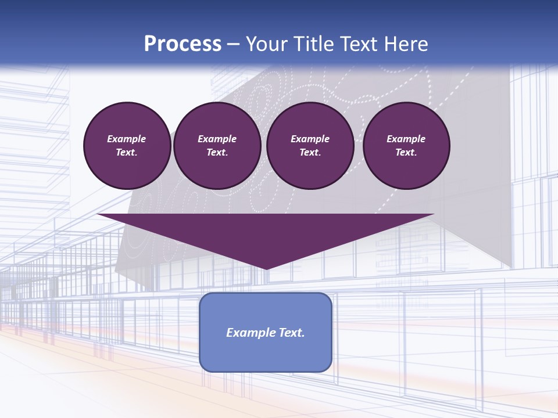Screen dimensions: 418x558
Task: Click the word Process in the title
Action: (183, 44)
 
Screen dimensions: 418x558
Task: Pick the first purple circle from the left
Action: (127, 145)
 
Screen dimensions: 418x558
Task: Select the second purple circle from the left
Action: (217, 145)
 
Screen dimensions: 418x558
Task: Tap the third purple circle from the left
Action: (310, 145)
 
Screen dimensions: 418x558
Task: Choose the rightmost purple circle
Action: (406, 145)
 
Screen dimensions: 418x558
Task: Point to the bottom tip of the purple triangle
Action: (266, 269)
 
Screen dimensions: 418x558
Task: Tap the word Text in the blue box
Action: (292, 333)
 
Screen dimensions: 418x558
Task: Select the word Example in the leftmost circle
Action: (127, 139)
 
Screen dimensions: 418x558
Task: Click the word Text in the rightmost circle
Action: (406, 152)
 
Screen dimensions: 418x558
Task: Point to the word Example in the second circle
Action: (217, 139)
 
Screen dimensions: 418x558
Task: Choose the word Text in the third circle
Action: (310, 152)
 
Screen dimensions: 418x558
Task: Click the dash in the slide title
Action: (234, 44)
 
